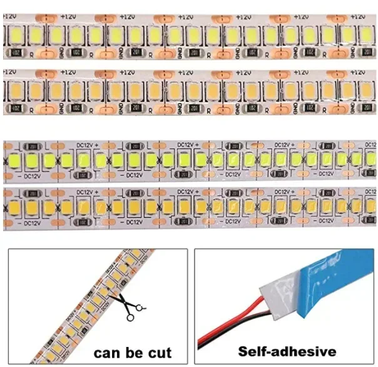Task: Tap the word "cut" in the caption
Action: click(156, 353)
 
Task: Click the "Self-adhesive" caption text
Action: click(287, 351)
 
